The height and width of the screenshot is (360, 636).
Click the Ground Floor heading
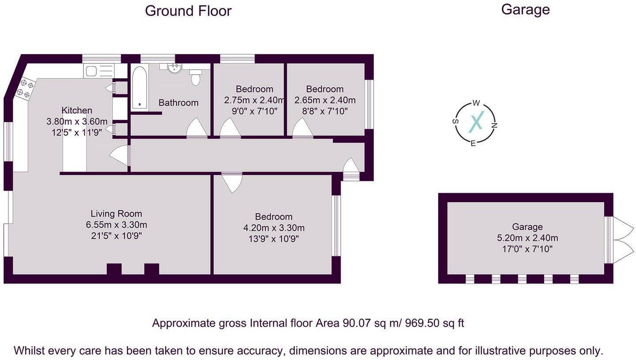(188, 11)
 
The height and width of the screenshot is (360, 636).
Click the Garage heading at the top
(525, 9)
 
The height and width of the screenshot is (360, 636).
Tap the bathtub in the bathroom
(139, 87)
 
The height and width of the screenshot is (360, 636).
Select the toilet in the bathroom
(196, 78)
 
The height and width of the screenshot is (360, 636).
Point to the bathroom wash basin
(175, 67)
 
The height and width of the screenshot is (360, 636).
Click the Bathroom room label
(178, 103)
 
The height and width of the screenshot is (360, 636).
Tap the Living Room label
(117, 214)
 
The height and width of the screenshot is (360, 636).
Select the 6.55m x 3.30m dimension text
(117, 225)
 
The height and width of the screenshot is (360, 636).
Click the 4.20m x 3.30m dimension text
(274, 228)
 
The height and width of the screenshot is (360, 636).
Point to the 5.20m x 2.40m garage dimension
(527, 238)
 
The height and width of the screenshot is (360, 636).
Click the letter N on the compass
(494, 125)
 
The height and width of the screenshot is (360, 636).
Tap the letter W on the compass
(476, 103)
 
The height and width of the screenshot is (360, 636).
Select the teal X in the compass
(476, 122)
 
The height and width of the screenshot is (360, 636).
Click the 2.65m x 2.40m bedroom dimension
(325, 100)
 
